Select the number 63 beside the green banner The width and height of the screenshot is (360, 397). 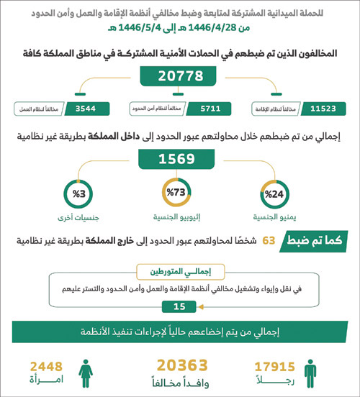(x=268, y=243)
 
